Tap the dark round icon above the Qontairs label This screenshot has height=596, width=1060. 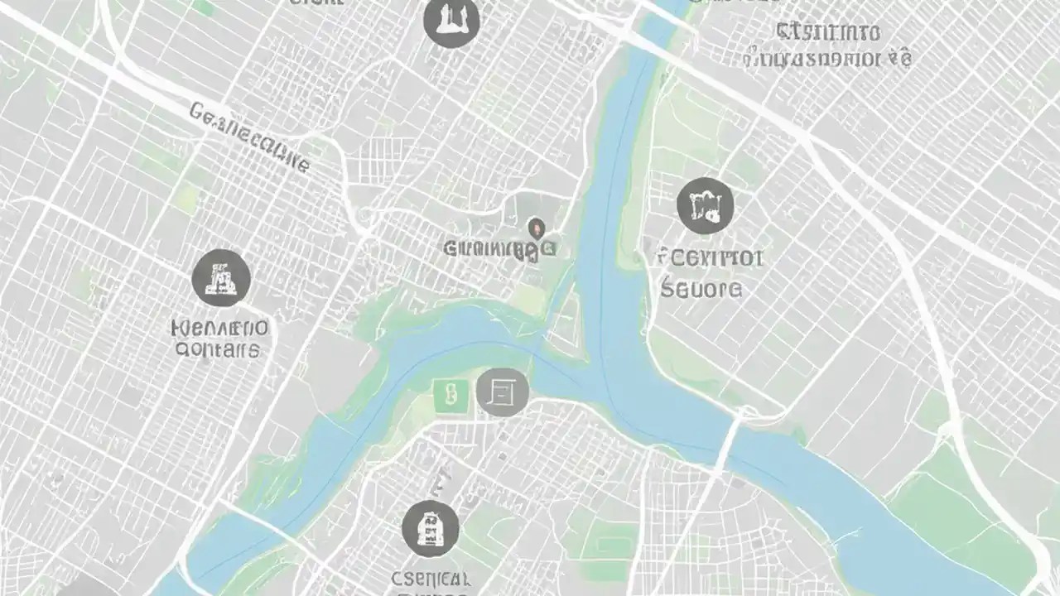click(221, 278)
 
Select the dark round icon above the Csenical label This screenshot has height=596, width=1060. click(431, 528)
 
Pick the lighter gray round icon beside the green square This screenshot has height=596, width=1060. click(502, 391)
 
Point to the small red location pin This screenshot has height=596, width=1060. click(536, 226)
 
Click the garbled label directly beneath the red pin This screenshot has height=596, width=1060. click(499, 248)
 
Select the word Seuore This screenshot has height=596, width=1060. click(701, 288)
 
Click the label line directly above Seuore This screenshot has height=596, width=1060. click(709, 257)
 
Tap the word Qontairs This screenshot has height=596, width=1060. click(218, 349)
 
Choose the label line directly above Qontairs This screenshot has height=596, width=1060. click(219, 327)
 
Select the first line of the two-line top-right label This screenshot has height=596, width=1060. click(827, 32)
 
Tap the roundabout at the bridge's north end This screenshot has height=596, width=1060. click(748, 411)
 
